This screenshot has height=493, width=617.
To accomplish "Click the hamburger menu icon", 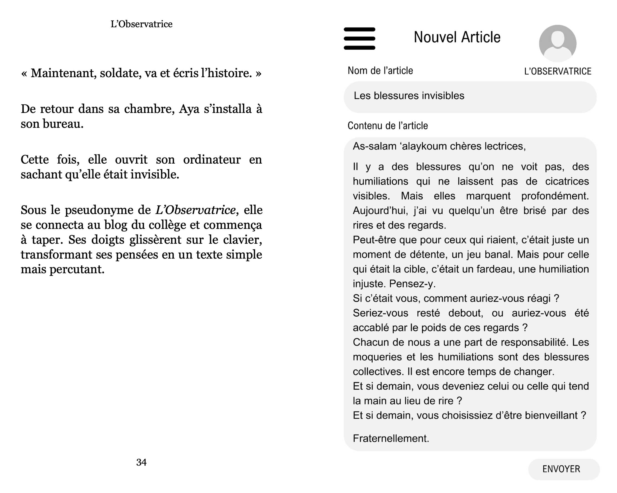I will tap(359, 38).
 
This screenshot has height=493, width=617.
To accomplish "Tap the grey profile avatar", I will tap(558, 43).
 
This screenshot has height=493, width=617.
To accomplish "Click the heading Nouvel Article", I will tap(457, 37).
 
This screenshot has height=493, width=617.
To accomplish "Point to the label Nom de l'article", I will tap(380, 71).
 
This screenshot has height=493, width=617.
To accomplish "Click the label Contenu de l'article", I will tap(387, 126).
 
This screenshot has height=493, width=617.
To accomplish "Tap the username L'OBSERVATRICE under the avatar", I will tap(558, 72).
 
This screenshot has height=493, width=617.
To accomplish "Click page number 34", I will tap(141, 462).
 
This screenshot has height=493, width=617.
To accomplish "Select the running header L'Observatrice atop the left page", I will tap(141, 24).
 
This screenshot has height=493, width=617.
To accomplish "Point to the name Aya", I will tap(189, 109).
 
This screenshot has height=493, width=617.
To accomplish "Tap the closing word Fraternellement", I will tap(391, 438).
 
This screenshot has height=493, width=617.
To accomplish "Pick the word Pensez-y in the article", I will tap(412, 284).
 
